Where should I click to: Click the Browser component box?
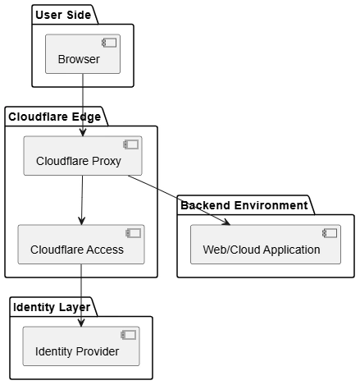(83, 54)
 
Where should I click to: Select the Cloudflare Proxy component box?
(83, 156)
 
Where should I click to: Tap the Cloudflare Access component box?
(81, 245)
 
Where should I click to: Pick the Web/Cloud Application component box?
(266, 245)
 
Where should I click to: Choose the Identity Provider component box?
(81, 346)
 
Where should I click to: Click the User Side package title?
(63, 15)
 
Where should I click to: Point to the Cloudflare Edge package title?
(55, 117)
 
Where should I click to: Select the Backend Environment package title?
(244, 205)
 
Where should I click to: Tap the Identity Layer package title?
(52, 307)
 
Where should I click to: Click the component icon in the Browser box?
(109, 43)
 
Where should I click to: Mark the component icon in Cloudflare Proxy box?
(131, 144)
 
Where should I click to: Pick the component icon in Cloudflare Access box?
(134, 233)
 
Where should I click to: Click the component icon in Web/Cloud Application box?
(330, 233)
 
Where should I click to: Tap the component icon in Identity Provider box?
(129, 335)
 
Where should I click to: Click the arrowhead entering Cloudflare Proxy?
(83, 132)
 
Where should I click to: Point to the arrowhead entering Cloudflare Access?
(81, 221)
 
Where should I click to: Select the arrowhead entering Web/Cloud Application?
(226, 222)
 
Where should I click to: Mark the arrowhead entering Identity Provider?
(81, 323)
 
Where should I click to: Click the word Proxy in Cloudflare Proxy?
(107, 161)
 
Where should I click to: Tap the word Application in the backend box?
(292, 250)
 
